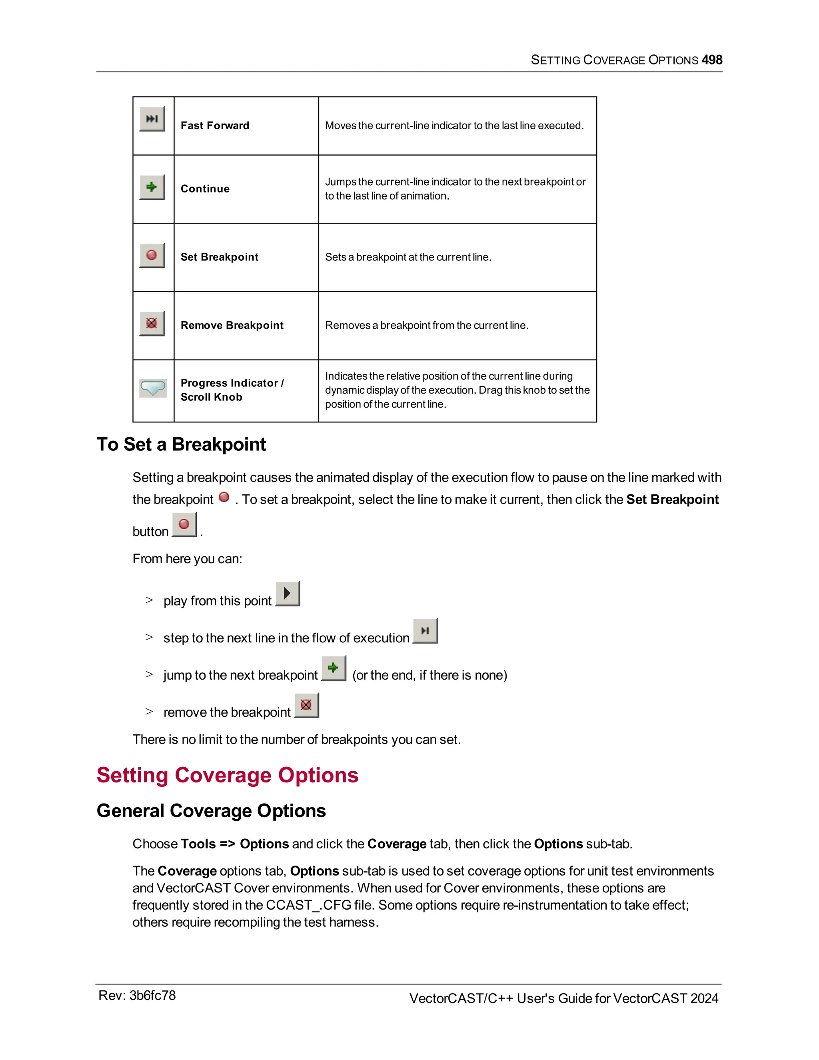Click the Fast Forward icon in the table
click(152, 119)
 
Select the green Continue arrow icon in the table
click(152, 187)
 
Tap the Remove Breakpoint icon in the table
click(152, 323)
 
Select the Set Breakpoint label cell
click(219, 257)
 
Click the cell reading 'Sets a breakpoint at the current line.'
click(408, 257)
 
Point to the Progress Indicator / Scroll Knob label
click(232, 390)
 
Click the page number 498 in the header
click(712, 60)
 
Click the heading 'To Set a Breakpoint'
click(181, 444)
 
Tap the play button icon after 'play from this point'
click(287, 594)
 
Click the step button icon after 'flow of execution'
click(425, 631)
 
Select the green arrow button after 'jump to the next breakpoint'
click(334, 668)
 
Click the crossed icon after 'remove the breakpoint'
click(306, 705)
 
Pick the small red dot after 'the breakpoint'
click(224, 497)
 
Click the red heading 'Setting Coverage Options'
click(227, 775)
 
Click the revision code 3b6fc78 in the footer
click(152, 996)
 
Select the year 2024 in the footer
click(704, 998)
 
